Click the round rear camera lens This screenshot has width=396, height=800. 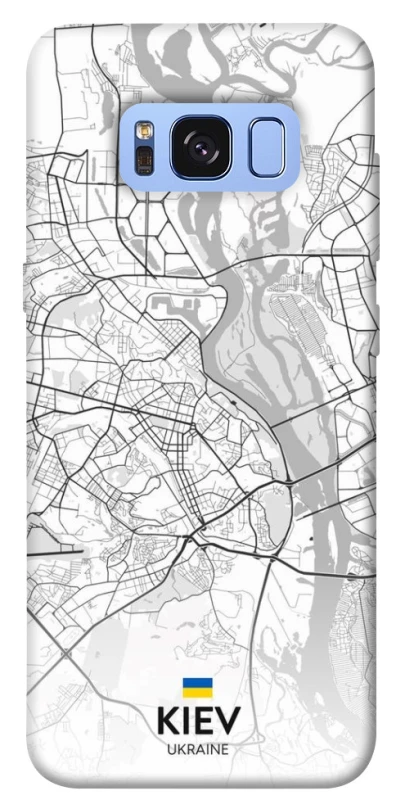click(197, 148)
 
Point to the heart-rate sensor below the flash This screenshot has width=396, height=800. click(144, 160)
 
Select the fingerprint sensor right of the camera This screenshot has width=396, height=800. click(266, 148)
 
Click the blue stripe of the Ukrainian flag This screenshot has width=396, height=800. click(197, 682)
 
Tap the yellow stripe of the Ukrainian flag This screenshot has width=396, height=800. click(197, 691)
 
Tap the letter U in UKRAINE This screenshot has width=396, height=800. click(170, 748)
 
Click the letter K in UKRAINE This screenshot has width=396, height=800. click(179, 748)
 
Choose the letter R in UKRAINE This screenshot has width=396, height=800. click(188, 748)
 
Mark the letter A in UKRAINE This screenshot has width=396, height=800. click(198, 748)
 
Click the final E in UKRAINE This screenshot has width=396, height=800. click(223, 748)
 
